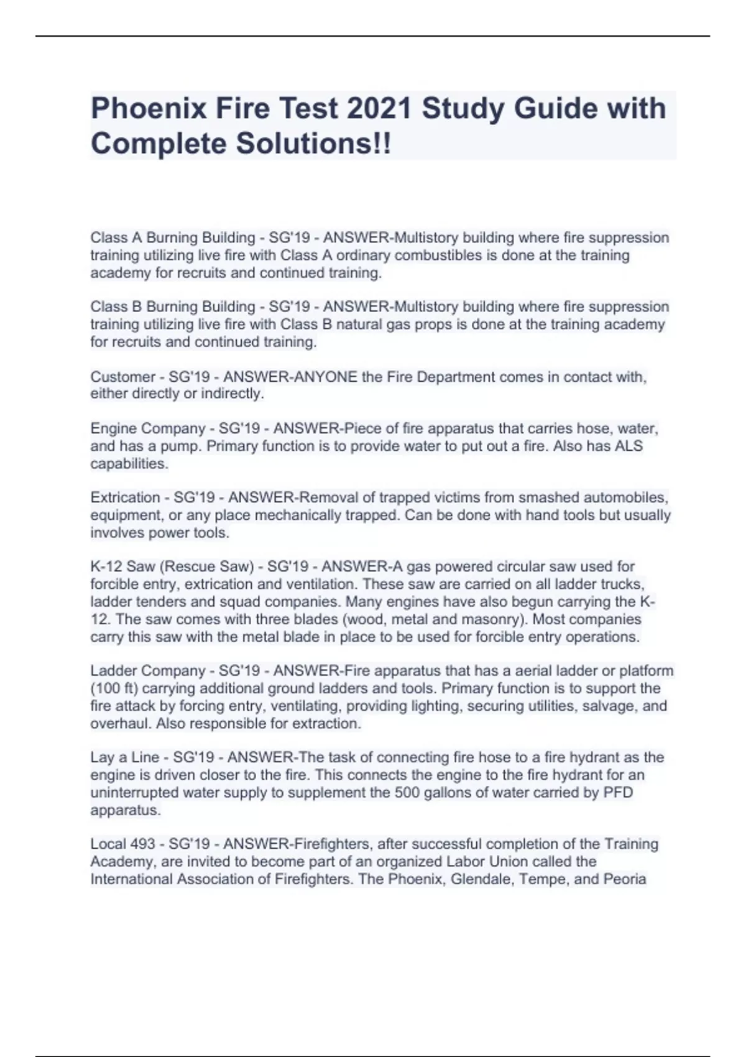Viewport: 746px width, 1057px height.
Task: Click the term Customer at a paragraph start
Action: (122, 377)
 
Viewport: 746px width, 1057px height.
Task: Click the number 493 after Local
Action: (142, 844)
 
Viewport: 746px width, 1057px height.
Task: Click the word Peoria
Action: (624, 879)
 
